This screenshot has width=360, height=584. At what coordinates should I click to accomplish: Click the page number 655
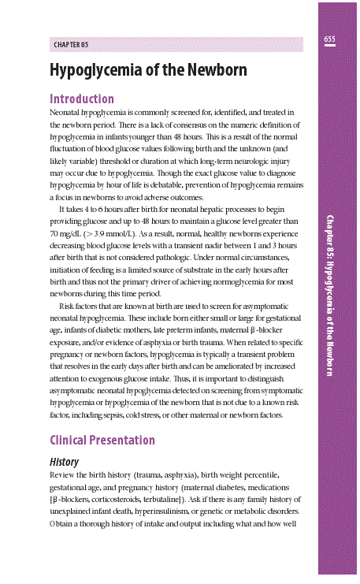pyautogui.click(x=329, y=39)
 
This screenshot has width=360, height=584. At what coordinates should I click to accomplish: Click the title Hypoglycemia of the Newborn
pyautogui.click(x=148, y=70)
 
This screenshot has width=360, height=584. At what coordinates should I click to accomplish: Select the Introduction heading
pyautogui.click(x=82, y=99)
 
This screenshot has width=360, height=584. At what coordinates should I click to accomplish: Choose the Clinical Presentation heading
pyautogui.click(x=102, y=440)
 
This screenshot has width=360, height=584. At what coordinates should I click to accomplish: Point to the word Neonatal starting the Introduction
pyautogui.click(x=66, y=114)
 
